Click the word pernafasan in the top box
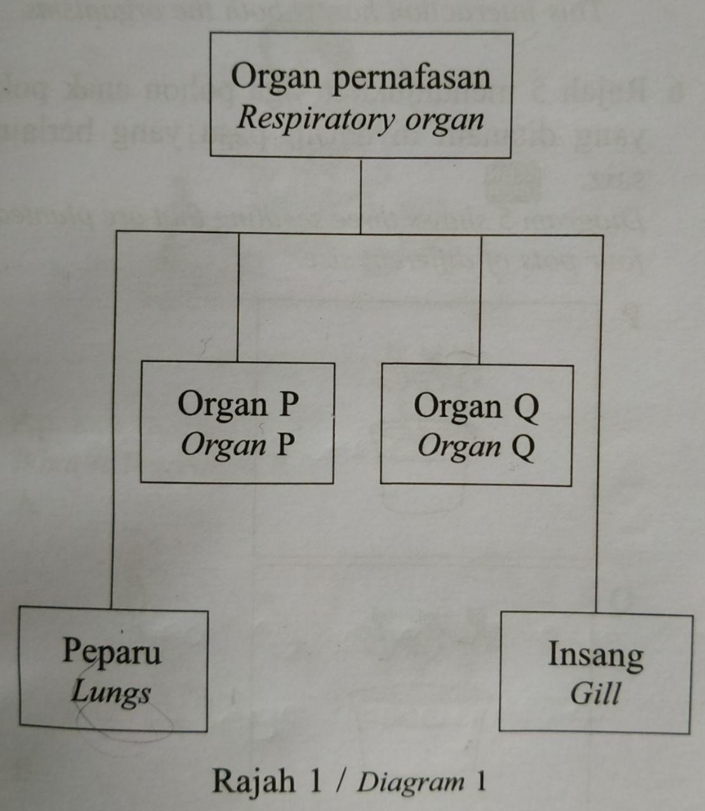[x=411, y=78]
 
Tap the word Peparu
[x=112, y=651]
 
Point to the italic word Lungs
[x=111, y=692]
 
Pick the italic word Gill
[x=595, y=693]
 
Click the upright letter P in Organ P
[x=288, y=404]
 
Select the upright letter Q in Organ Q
[x=526, y=407]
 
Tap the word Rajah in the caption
[x=253, y=781]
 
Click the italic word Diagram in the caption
[x=411, y=782]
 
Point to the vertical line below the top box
[x=361, y=196]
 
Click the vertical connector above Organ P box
[x=238, y=298]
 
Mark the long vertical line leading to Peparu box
[x=113, y=418]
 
